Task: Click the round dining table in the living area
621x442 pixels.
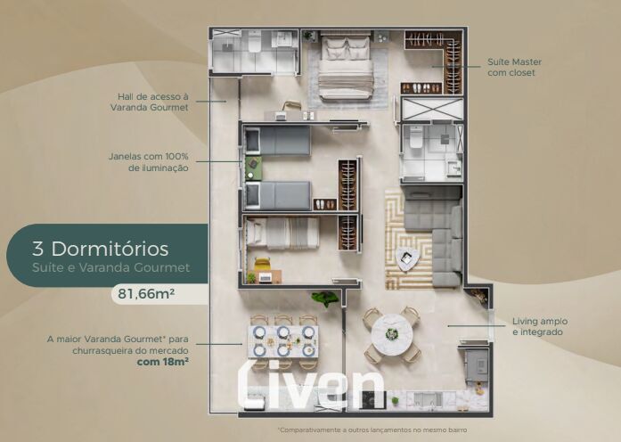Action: coord(392,334)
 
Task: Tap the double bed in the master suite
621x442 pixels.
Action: coord(347,67)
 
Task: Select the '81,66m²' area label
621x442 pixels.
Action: coord(146,294)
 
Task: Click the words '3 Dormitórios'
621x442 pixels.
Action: coord(101,249)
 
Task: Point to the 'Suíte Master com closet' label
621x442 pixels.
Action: coord(514,67)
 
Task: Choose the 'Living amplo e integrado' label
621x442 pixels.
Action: coord(540,326)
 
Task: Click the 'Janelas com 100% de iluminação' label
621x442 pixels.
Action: coord(149,162)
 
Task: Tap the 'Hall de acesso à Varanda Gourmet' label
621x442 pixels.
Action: coord(150,102)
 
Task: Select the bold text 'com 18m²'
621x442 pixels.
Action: coord(162,362)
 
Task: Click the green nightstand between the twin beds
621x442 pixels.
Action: coord(253,168)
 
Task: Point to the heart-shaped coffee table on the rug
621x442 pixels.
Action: coord(406,258)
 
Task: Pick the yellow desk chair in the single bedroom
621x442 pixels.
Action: coord(262,264)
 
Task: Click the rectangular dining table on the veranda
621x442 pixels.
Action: coord(283,341)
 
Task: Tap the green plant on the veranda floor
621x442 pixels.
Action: coord(325,299)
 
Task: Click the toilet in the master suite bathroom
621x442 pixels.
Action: coord(416,136)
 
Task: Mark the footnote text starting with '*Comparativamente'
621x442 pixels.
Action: coord(372,430)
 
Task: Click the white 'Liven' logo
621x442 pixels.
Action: coord(311,383)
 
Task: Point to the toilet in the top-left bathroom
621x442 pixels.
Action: coord(255,42)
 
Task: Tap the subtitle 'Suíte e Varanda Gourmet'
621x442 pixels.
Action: coord(110,267)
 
